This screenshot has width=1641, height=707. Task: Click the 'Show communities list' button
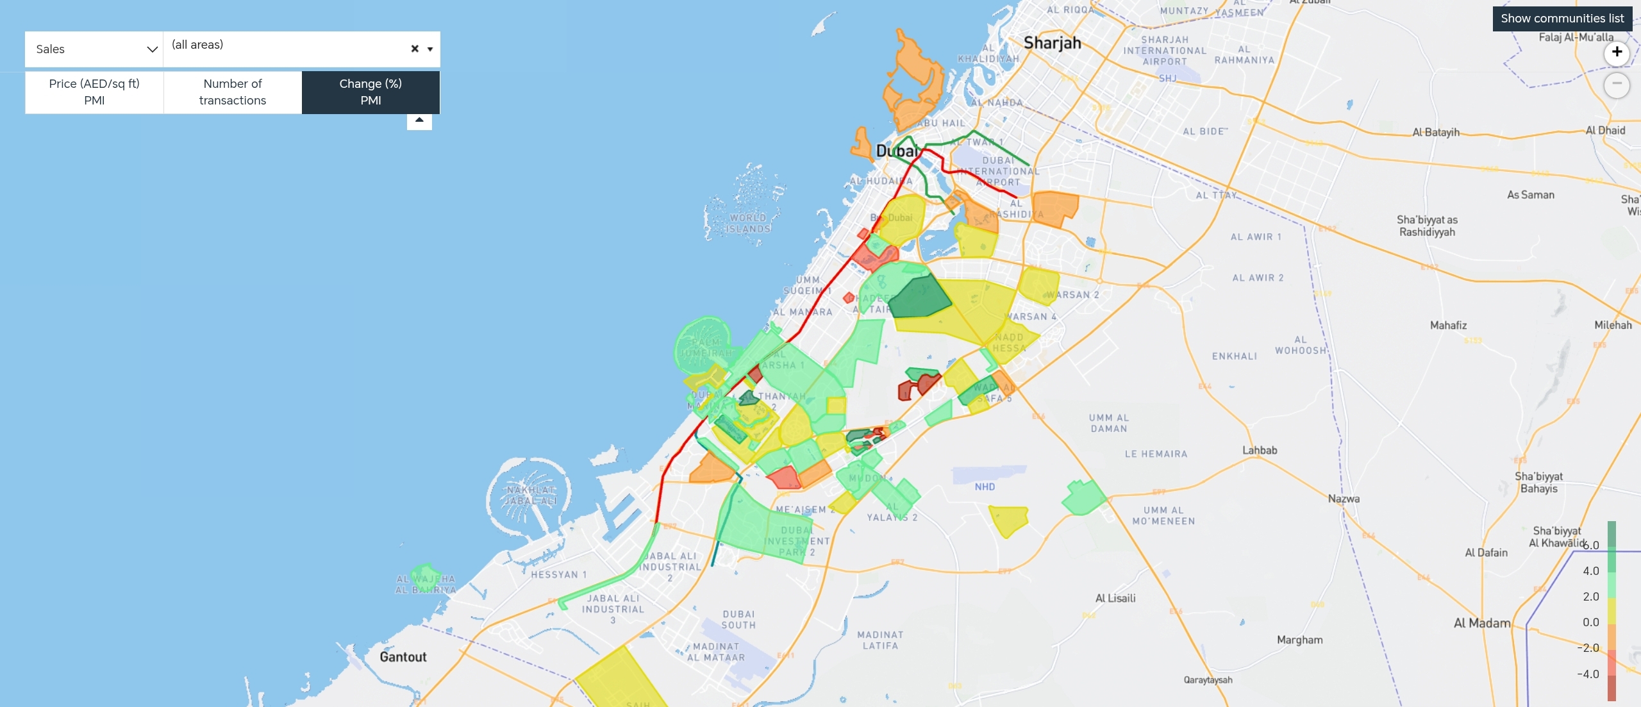pos(1562,19)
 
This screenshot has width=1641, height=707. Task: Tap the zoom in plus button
pos(1617,53)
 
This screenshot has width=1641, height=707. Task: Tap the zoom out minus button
pos(1617,85)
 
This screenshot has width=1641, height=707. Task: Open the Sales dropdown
pos(94,49)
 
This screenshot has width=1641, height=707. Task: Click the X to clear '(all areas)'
pos(415,49)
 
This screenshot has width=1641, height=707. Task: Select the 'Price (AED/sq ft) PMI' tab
pos(94,92)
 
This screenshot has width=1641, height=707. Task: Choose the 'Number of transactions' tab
pos(233,92)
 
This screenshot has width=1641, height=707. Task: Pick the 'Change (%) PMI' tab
pos(371,92)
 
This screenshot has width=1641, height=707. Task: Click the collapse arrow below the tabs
pos(419,121)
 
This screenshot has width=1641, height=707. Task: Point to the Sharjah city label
pos(1052,43)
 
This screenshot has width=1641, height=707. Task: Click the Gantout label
pos(403,657)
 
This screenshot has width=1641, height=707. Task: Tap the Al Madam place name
pos(1481,623)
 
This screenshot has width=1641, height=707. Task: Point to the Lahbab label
pos(1260,450)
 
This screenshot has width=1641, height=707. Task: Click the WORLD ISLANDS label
pos(748,223)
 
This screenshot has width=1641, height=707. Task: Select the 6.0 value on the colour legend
pos(1591,545)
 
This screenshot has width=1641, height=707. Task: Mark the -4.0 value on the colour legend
pos(1589,674)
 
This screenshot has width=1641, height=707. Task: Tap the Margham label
pos(1299,640)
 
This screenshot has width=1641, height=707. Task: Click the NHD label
pos(985,487)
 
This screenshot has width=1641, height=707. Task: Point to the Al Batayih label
pos(1436,132)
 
